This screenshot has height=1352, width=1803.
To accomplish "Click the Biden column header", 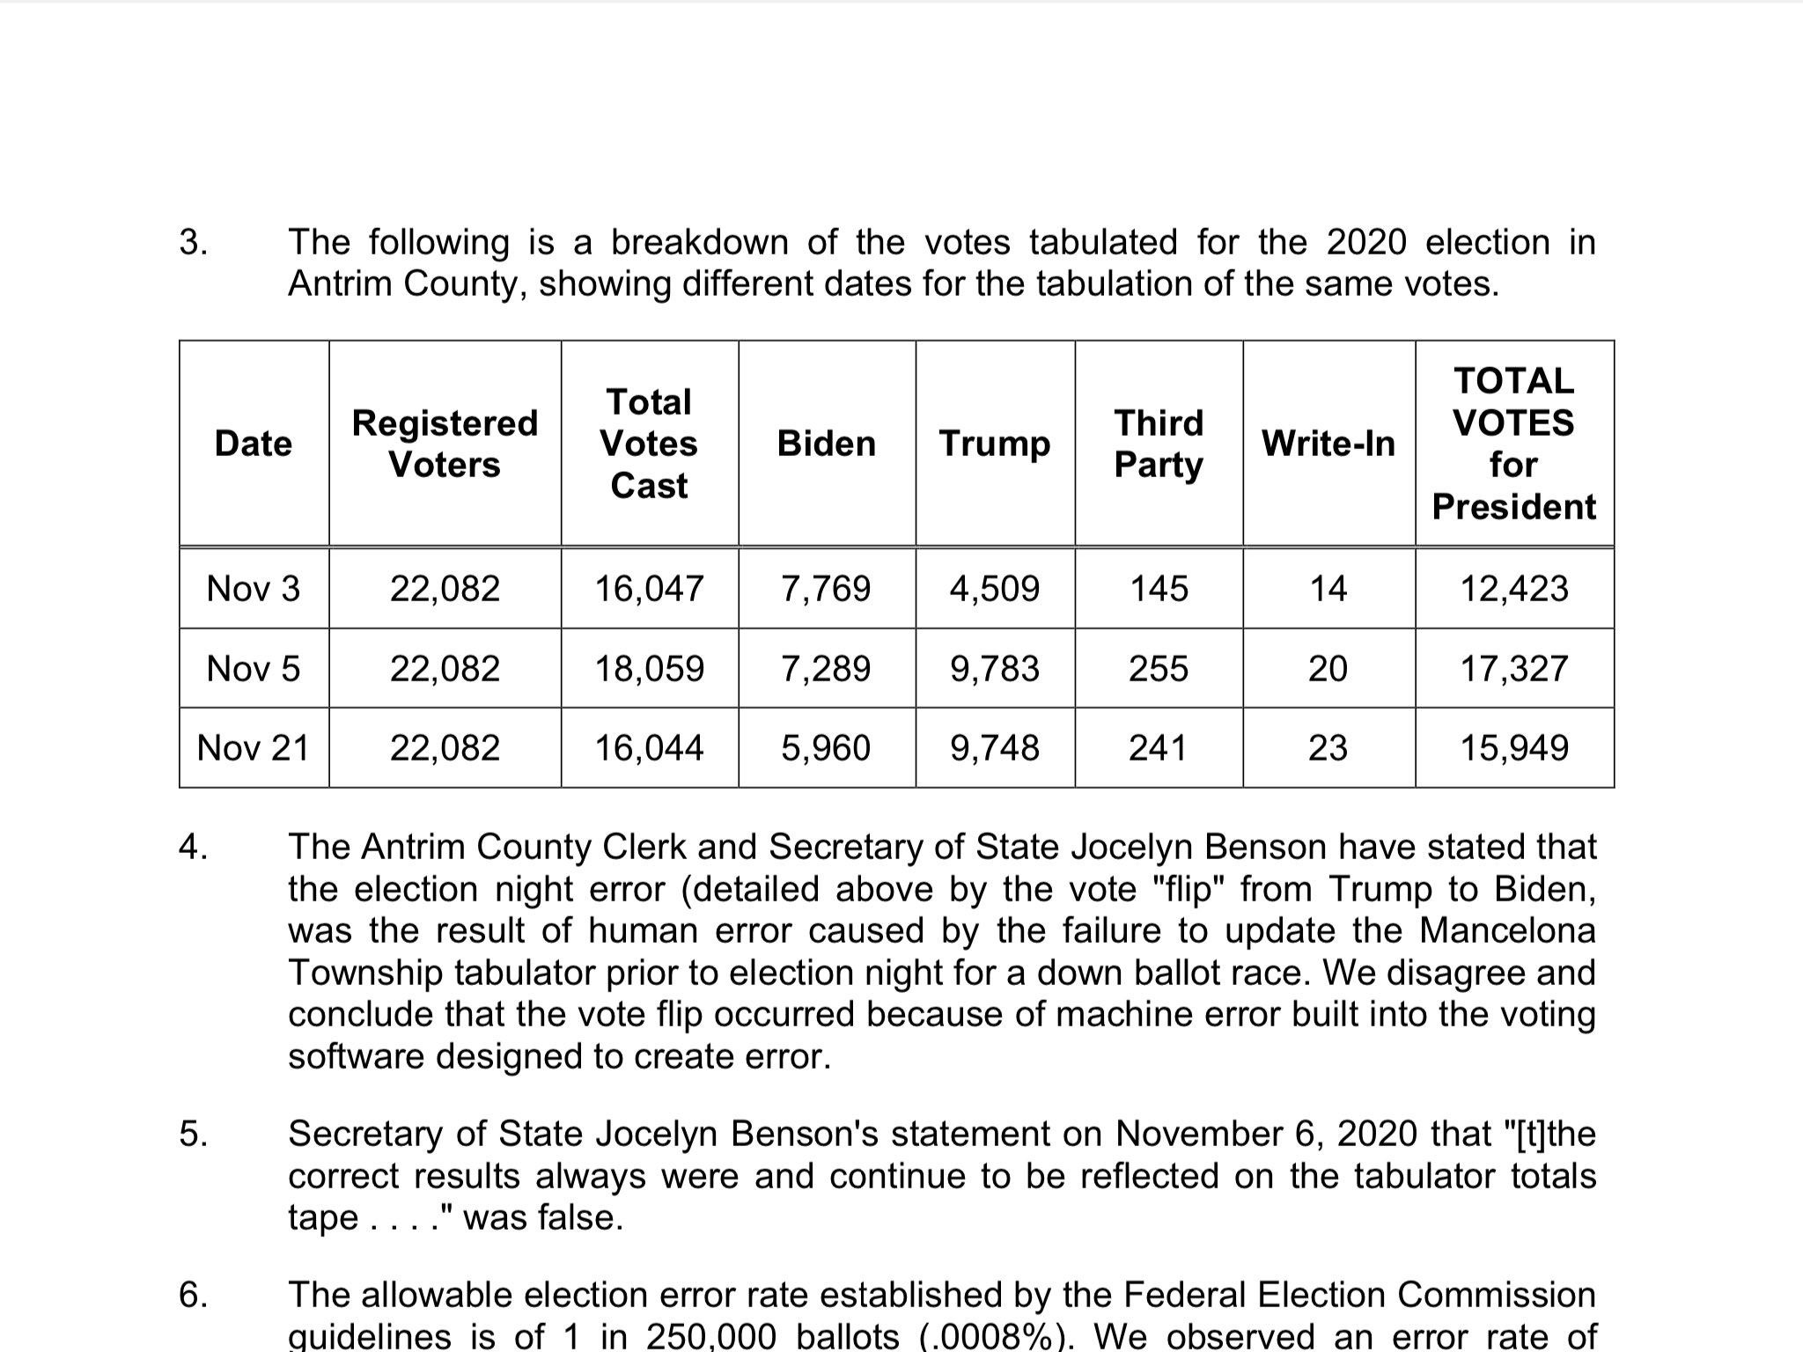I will click(x=826, y=444).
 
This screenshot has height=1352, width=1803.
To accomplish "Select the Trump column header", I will click(x=994, y=444).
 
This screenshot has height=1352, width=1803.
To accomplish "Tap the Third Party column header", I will click(x=1158, y=444).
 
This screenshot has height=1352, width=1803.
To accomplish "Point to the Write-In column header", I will click(x=1328, y=444).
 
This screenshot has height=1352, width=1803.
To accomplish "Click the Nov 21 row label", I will click(x=254, y=748).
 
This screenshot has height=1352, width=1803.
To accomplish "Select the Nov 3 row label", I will click(x=254, y=588).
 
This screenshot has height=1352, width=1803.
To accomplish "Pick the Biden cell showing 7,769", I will click(x=826, y=588).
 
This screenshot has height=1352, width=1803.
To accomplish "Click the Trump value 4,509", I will click(x=994, y=588).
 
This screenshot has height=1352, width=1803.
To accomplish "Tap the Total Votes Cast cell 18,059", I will click(x=649, y=669).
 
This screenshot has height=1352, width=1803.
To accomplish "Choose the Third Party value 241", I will click(x=1158, y=748).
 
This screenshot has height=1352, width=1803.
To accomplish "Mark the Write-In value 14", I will click(x=1328, y=588).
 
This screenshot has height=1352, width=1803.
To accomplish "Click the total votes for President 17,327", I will click(x=1514, y=669).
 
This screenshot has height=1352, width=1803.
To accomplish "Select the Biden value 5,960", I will click(x=826, y=748).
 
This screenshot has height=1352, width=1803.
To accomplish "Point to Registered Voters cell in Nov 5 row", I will click(x=445, y=669).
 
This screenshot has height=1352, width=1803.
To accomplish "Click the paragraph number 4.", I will click(x=193, y=847).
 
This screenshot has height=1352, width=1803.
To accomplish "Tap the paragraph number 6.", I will click(x=193, y=1295).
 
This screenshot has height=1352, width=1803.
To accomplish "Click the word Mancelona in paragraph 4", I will click(x=1507, y=930).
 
